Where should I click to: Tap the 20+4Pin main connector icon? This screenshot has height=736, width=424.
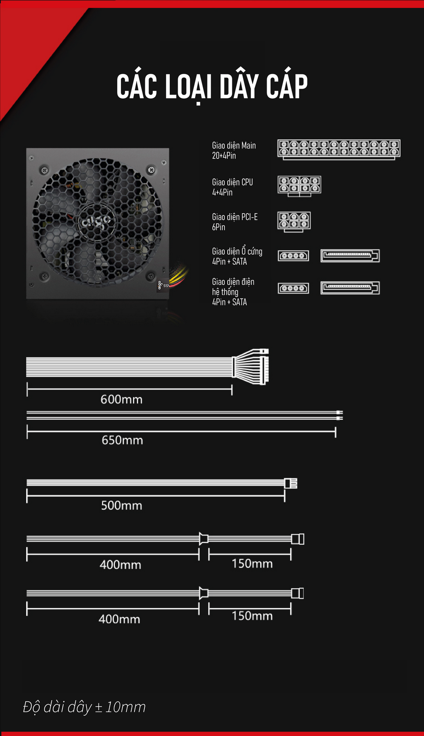click(x=339, y=149)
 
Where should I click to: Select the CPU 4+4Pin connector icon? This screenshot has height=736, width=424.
click(x=299, y=186)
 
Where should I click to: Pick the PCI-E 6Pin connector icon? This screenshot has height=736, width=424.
click(x=294, y=222)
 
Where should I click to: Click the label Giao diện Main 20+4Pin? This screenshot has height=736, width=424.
click(x=234, y=151)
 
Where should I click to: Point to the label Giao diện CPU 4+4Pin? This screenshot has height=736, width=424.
click(x=232, y=187)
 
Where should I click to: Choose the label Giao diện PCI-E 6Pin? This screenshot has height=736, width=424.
click(x=235, y=222)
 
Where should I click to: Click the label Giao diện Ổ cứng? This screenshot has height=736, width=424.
click(x=237, y=251)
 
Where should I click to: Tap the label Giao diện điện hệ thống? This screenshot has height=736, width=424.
click(x=233, y=287)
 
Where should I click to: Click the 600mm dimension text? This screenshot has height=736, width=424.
click(x=121, y=399)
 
